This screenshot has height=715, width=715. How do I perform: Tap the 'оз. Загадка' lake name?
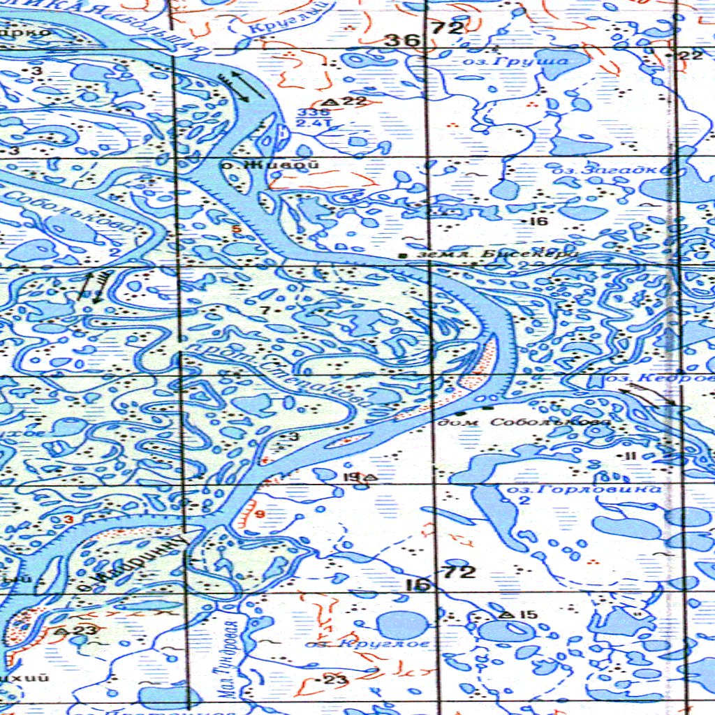(611, 170)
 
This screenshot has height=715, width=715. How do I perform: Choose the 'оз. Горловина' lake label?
(584, 489)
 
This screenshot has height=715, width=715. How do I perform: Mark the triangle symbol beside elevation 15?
(507, 614)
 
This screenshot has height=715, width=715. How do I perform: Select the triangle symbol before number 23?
(61, 631)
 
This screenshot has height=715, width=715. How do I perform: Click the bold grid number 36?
(404, 40)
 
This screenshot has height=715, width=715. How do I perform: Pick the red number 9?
(260, 515)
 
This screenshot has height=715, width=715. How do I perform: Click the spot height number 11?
(631, 456)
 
